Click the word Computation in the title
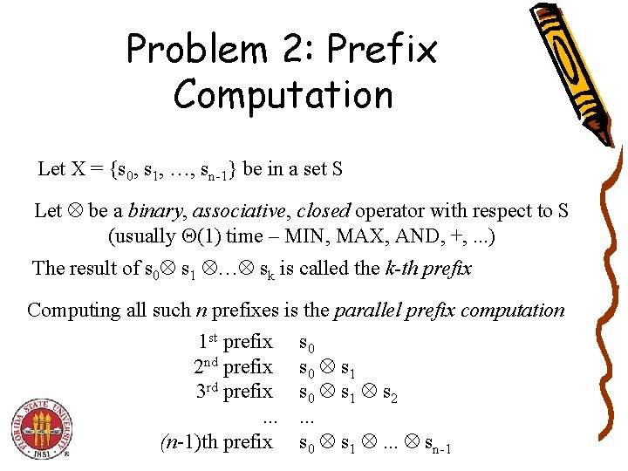[283, 94]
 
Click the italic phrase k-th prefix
[427, 269]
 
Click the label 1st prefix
[235, 341]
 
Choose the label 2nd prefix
[233, 366]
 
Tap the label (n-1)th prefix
[216, 442]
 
